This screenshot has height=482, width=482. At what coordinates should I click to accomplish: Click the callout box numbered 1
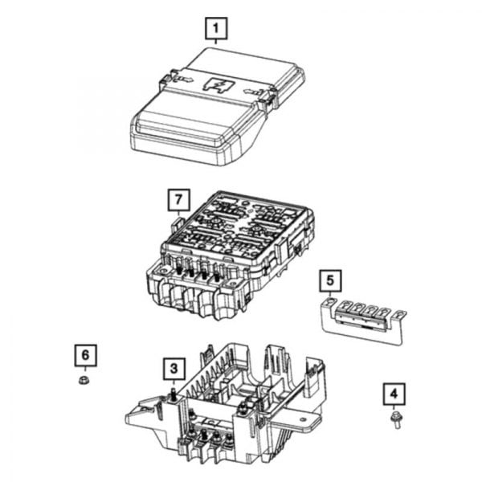[x=214, y=30]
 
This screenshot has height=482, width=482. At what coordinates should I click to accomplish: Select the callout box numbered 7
[x=178, y=198]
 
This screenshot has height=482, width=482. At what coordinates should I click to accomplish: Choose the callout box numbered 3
[x=172, y=369]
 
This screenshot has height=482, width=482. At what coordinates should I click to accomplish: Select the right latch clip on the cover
[x=268, y=98]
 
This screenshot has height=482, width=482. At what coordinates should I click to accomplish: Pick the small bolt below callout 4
[x=395, y=419]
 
